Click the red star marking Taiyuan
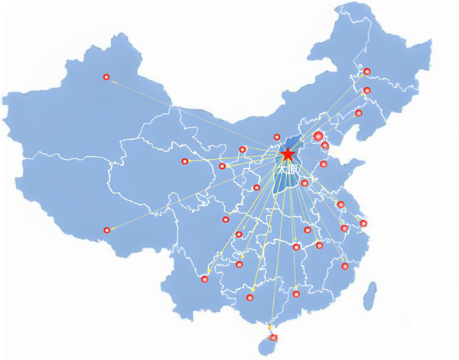pyautogui.click(x=288, y=155)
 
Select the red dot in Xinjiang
pyautogui.click(x=106, y=76)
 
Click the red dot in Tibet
pyautogui.click(x=107, y=230)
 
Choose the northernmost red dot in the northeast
pyautogui.click(x=366, y=72)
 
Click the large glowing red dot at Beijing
pyautogui.click(x=319, y=136)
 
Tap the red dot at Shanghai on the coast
pyautogui.click(x=363, y=223)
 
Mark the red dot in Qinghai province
pyautogui.click(x=184, y=161)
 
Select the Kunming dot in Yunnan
pyautogui.click(x=204, y=279)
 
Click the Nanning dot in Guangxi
pyautogui.click(x=250, y=297)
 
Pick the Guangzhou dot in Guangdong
pyautogui.click(x=296, y=294)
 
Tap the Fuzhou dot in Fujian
pyautogui.click(x=344, y=266)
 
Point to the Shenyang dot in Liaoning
pyautogui.click(x=358, y=113)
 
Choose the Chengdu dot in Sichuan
pyautogui.click(x=226, y=219)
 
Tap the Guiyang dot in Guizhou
pyautogui.click(x=239, y=264)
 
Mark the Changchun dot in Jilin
pyautogui.click(x=366, y=91)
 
